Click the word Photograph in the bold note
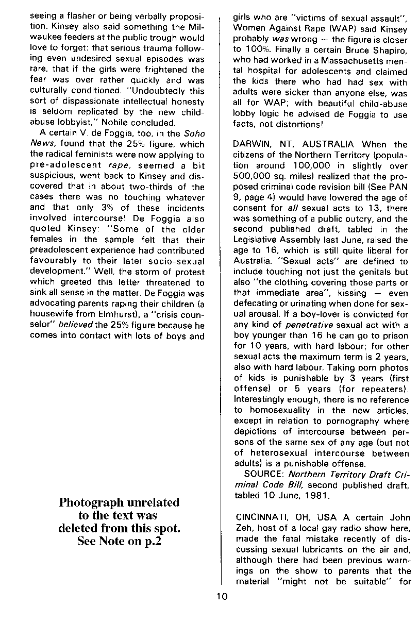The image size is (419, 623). tap(91, 502)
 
